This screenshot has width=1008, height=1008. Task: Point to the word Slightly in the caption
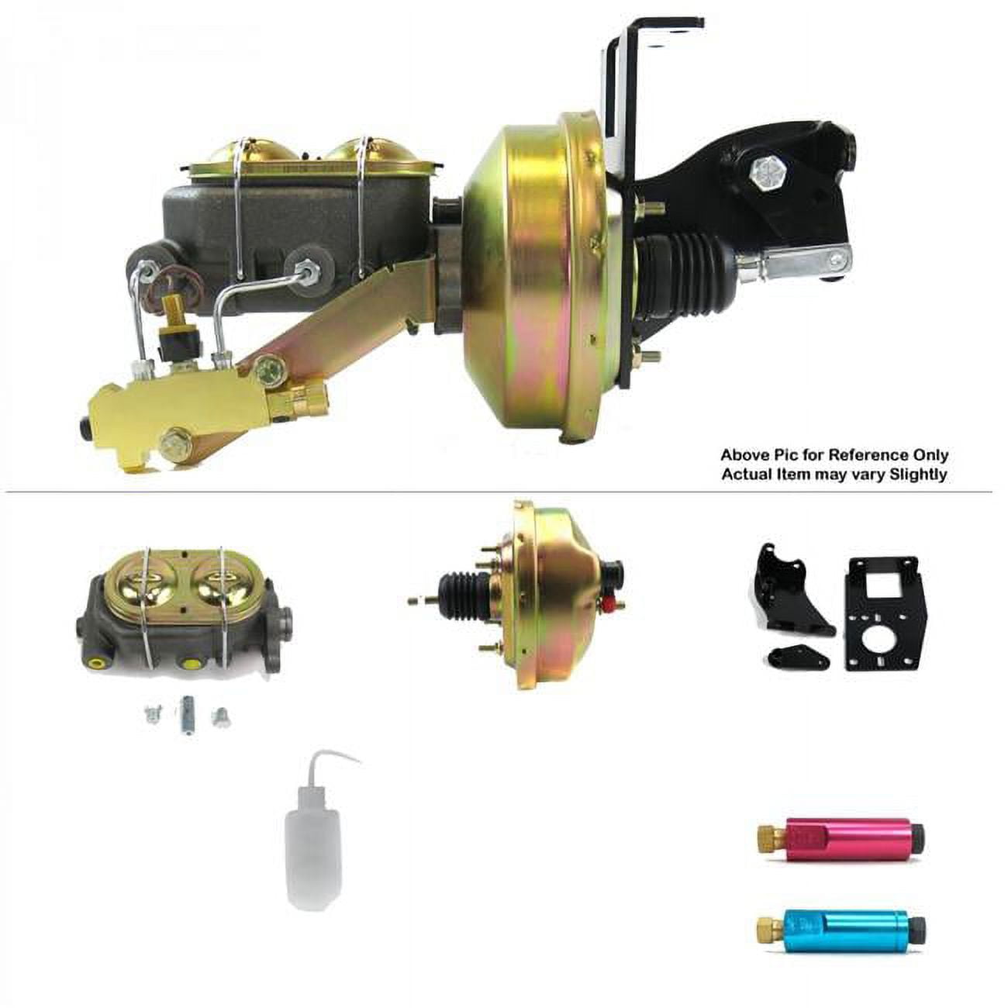tap(917, 475)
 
